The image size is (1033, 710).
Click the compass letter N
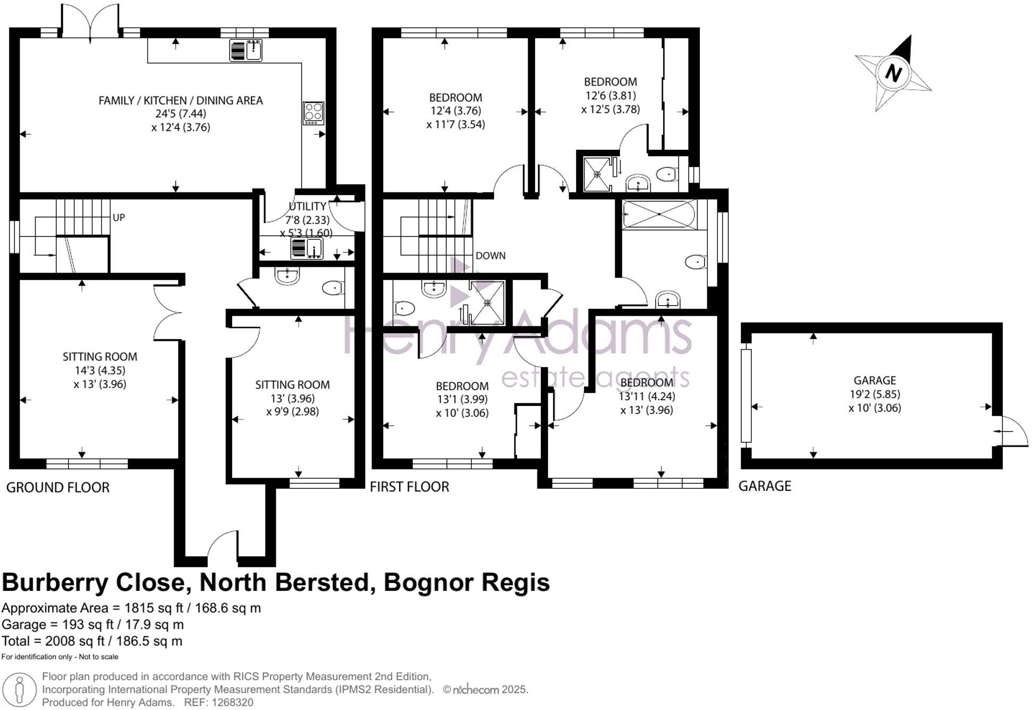[893, 73]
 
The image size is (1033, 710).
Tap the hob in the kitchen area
[313, 113]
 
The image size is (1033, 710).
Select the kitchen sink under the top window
[246, 50]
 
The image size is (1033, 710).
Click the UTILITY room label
[307, 206]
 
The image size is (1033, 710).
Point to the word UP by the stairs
[118, 217]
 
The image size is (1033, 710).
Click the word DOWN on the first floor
[490, 256]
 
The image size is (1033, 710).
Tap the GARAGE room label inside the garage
[874, 381]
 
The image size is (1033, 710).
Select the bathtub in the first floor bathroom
[659, 214]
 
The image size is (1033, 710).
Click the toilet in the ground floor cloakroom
[333, 288]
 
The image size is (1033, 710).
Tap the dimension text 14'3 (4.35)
[100, 370]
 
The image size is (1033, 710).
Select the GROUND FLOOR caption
[57, 487]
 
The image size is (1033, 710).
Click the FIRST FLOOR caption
[409, 487]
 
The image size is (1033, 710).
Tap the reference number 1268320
[232, 702]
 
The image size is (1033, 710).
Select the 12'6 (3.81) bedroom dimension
[610, 96]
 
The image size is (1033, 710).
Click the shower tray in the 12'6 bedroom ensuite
[597, 173]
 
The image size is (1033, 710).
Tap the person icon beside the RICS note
[20, 689]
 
